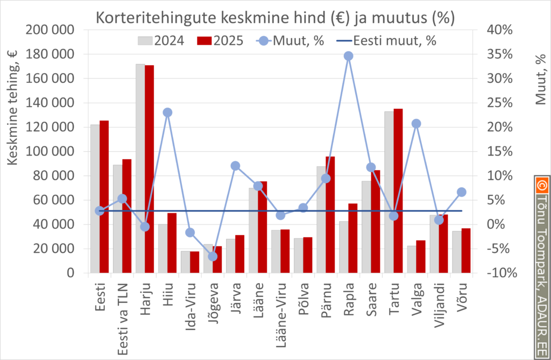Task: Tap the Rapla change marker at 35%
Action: pyautogui.click(x=348, y=56)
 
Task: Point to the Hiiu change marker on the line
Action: pyautogui.click(x=167, y=112)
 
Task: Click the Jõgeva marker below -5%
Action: pyautogui.click(x=213, y=256)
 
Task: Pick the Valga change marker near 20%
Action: pyautogui.click(x=416, y=124)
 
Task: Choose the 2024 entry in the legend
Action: pyautogui.click(x=161, y=40)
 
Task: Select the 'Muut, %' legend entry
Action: pyautogui.click(x=291, y=40)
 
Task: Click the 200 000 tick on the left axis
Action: pyautogui.click(x=50, y=30)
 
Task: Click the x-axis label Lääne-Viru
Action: pyautogui.click(x=280, y=312)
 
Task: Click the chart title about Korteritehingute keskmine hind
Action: pyautogui.click(x=275, y=17)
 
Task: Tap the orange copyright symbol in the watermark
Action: pyautogui.click(x=541, y=185)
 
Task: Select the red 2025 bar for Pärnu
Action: pyautogui.click(x=330, y=215)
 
